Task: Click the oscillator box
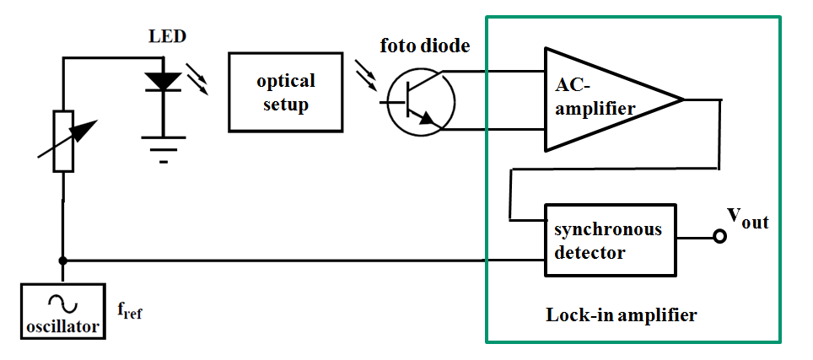click(62, 311)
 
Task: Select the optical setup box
click(285, 92)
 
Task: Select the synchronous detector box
click(611, 239)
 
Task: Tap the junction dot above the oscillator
click(63, 260)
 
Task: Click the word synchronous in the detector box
click(608, 230)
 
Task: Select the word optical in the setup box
click(286, 81)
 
